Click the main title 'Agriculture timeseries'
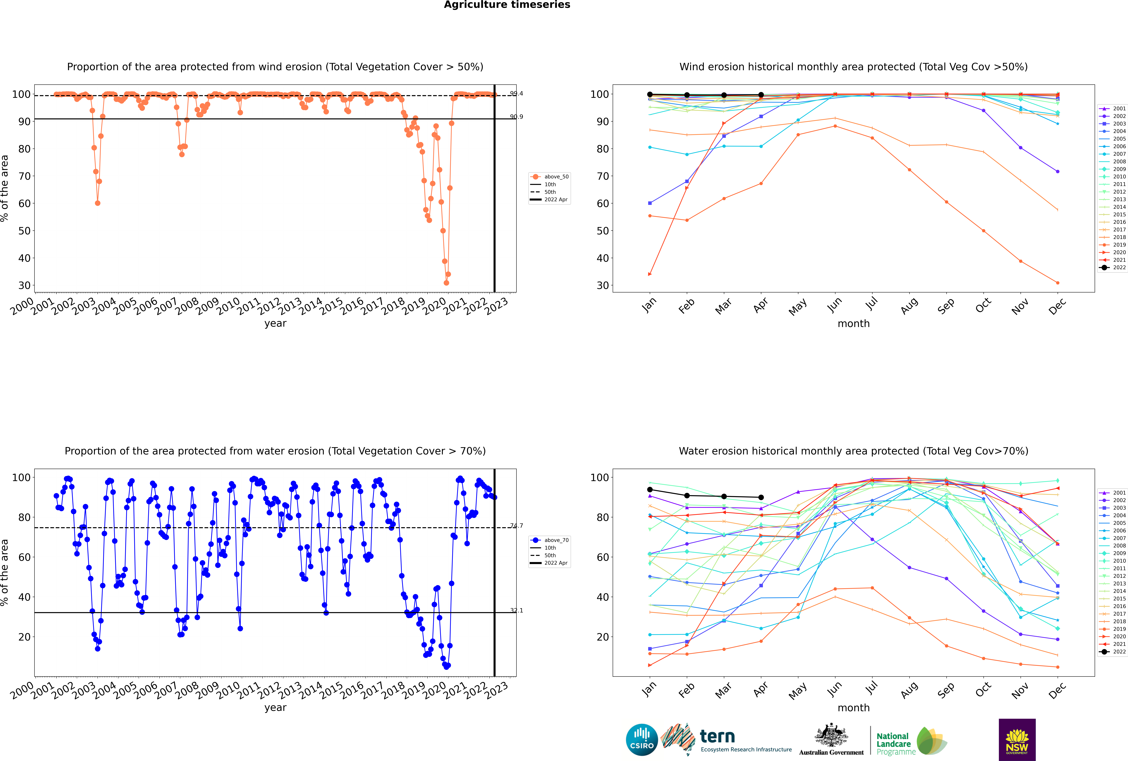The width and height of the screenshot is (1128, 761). coord(507,5)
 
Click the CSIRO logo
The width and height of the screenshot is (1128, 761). coord(642,740)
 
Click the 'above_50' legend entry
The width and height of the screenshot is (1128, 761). coord(556,177)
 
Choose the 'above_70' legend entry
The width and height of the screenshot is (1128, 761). coord(556,540)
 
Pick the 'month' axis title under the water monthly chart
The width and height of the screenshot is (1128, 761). coord(853,708)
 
